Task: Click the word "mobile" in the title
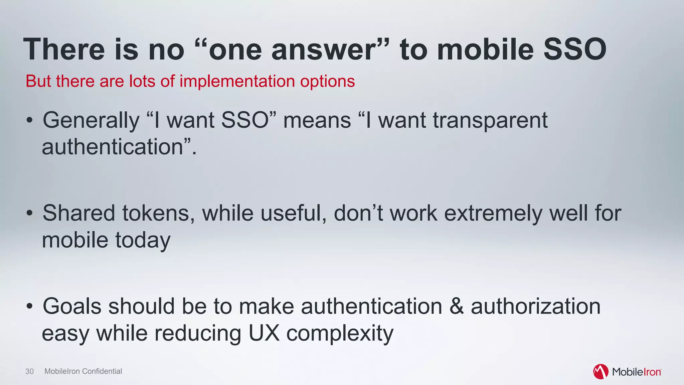coord(485,49)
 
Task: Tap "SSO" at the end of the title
coord(575,49)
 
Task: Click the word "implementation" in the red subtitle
coord(237,81)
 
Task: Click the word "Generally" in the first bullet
coord(91,120)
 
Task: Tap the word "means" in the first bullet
coord(317,120)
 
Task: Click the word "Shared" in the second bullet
coord(79,213)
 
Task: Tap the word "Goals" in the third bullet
coord(72,306)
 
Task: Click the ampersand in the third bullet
coord(457,306)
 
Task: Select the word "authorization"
coord(535,306)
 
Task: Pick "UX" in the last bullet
coord(264,333)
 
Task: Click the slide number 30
coord(29,371)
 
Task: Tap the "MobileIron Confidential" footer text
coord(83,371)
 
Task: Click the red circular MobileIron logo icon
coord(601,372)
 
